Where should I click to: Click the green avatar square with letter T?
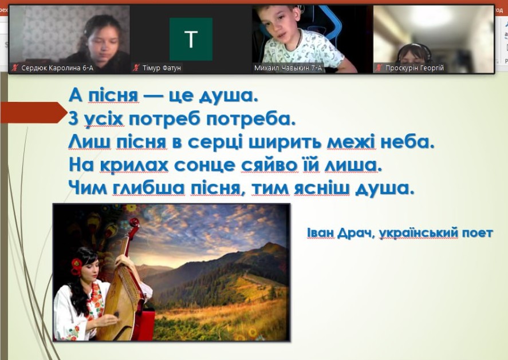191,39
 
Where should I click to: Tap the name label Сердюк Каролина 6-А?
57,68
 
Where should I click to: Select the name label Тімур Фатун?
162,68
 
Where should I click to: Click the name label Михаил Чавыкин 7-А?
288,68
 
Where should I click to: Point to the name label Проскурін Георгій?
415,68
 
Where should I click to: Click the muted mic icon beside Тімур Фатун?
136,68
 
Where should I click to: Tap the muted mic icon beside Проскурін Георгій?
379,68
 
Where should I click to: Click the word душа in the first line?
228,96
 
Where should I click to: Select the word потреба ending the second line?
251,120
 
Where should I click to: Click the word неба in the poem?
407,142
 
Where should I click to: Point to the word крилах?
134,165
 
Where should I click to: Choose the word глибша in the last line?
149,189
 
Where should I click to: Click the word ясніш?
322,189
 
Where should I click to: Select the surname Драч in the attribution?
356,233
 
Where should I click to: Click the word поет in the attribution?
478,233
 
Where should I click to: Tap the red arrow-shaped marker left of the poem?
33,112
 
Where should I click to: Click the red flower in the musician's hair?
77,266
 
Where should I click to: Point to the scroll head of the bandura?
134,224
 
